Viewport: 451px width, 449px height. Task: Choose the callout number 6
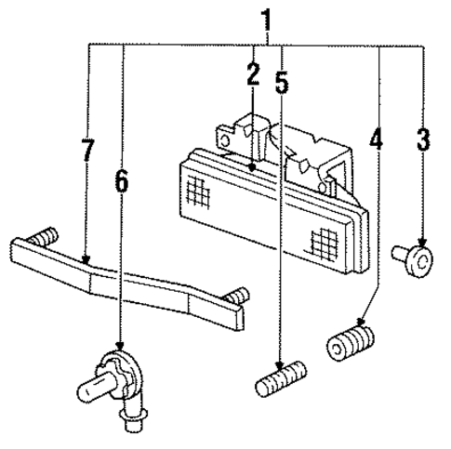pos(121,180)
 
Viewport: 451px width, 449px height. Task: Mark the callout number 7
pos(87,149)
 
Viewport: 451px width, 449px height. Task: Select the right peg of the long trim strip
pos(241,297)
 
